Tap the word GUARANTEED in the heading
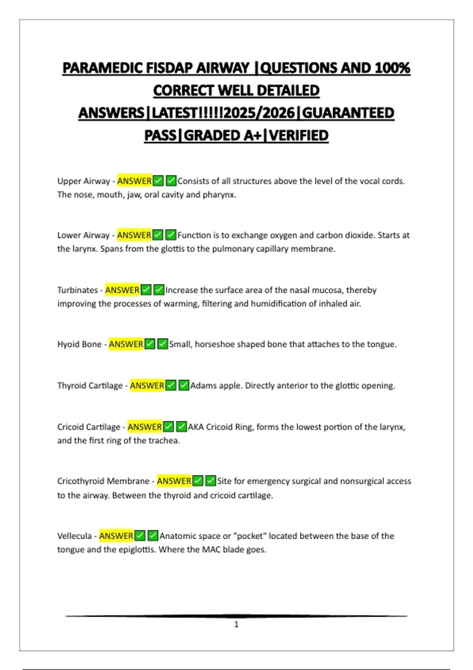348,113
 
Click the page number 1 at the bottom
236,624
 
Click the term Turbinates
77,290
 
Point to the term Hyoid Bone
79,344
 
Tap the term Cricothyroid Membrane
103,481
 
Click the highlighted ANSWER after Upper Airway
134,181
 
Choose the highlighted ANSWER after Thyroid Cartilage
147,385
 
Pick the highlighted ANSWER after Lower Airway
134,235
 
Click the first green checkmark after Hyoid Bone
150,344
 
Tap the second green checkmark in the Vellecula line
153,536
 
